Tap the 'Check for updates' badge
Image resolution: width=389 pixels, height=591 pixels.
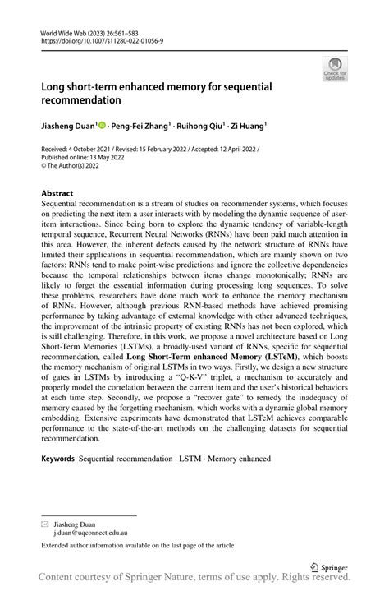(x=335, y=70)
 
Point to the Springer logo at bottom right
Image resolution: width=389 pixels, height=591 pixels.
(x=328, y=566)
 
